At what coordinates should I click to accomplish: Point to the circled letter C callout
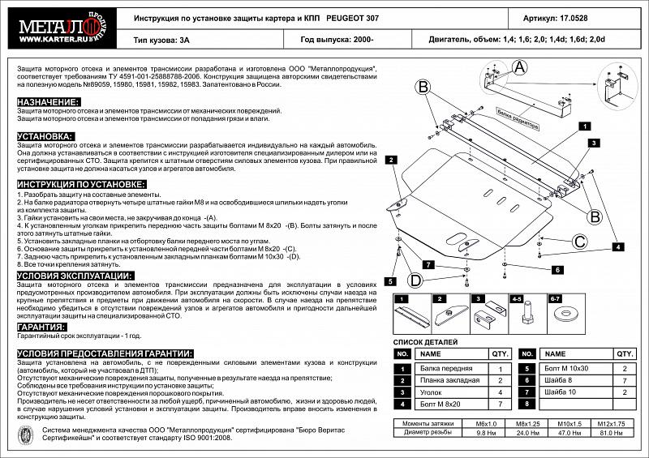pos(580,241)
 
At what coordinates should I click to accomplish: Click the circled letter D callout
pos(415,280)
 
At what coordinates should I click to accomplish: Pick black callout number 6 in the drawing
pos(558,269)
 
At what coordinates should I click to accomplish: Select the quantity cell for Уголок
pos(500,392)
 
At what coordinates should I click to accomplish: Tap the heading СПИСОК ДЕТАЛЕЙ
pos(427,343)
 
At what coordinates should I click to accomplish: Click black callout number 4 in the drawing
pos(617,246)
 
